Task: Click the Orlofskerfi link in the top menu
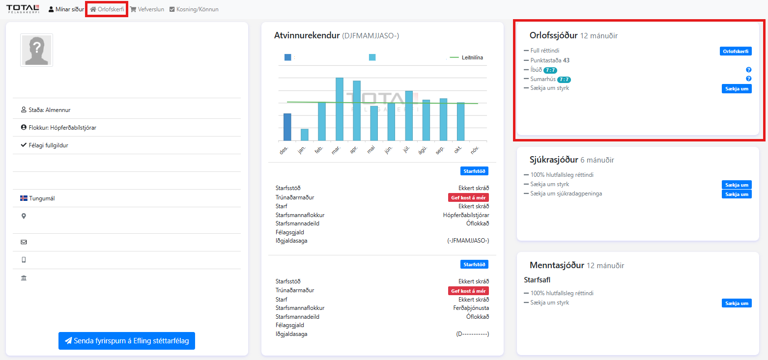tap(107, 9)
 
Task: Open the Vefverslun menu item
tap(147, 9)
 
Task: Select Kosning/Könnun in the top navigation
tap(194, 9)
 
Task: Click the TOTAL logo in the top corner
tap(23, 9)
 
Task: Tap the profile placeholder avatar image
tap(37, 50)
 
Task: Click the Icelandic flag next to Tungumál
tap(24, 198)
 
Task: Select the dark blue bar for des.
tap(287, 127)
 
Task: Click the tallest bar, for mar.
tap(340, 109)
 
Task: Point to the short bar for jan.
tap(305, 135)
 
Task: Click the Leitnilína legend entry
tap(466, 57)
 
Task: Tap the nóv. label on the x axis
tap(475, 150)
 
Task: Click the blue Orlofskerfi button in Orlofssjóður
tap(736, 51)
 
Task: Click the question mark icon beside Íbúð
tap(749, 70)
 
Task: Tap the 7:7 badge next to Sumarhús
tap(564, 80)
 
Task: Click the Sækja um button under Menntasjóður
tap(737, 303)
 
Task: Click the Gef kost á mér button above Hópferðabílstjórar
tap(468, 197)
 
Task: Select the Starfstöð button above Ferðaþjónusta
tap(474, 264)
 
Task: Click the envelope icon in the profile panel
tap(24, 242)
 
